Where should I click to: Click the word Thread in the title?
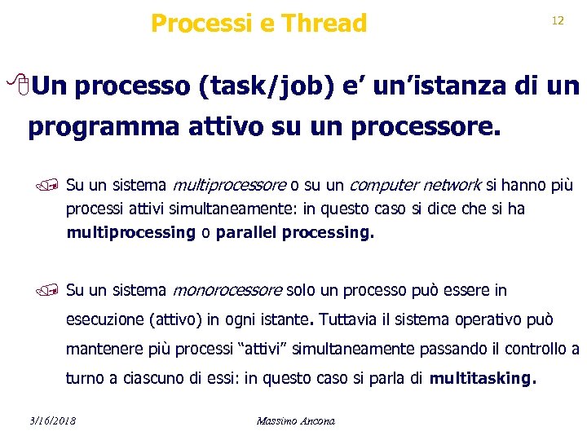click(x=324, y=24)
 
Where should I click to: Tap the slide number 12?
click(x=558, y=21)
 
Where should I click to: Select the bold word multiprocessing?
click(x=130, y=233)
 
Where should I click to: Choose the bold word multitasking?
click(x=483, y=379)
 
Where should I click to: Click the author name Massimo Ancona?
click(x=295, y=421)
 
